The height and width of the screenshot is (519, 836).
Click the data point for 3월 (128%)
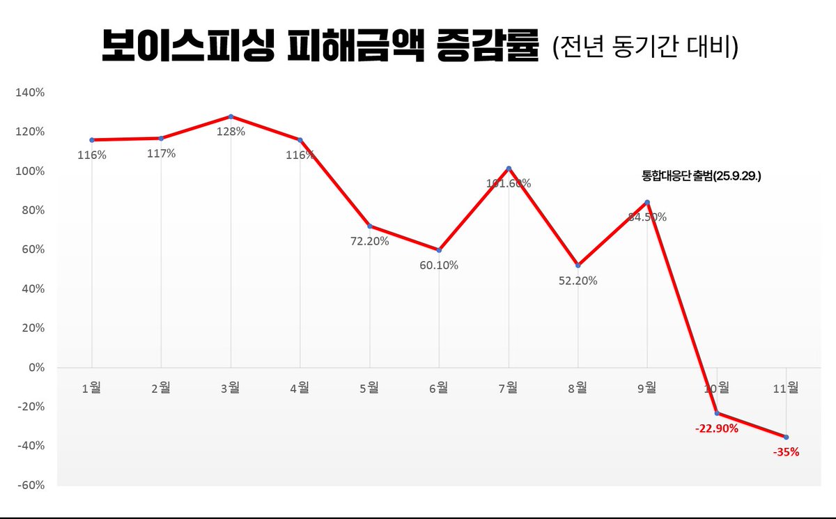point(231,116)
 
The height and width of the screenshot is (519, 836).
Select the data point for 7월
point(509,168)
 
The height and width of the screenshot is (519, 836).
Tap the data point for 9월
point(648,202)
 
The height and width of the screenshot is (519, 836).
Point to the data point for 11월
point(787,437)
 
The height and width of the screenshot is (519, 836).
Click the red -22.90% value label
point(716,428)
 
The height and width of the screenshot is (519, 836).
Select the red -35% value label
point(786,451)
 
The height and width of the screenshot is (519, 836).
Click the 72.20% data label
point(369,241)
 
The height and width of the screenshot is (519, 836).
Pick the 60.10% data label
point(438,265)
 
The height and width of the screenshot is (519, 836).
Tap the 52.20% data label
point(577,281)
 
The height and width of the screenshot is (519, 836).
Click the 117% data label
point(161,153)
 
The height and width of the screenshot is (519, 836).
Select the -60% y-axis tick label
point(31,486)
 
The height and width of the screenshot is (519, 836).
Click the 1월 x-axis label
point(91,389)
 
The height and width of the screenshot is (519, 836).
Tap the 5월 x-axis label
point(369,389)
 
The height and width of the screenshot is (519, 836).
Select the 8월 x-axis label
point(578,389)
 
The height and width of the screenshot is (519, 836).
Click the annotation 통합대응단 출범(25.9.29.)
point(702,177)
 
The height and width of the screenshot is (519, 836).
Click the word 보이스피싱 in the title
point(184,47)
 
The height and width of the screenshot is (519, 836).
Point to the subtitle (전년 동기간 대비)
point(644,49)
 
